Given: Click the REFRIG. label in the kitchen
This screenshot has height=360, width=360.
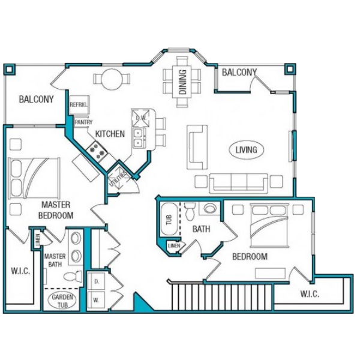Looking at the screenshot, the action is pos(79,104).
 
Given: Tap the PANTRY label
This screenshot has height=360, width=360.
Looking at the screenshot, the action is pos(84,122).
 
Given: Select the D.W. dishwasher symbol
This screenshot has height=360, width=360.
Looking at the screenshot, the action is pos(140,118).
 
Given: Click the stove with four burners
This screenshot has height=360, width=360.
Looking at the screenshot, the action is pos(97,150).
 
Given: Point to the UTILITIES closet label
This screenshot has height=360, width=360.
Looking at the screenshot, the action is pos(118,179).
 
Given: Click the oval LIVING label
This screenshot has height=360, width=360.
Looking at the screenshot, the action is pos(247,149).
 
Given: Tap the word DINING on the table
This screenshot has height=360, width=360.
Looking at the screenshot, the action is pos(183,82).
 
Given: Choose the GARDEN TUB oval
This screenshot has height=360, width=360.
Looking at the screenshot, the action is pos(62,301).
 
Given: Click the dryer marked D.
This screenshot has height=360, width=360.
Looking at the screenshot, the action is pos(97,281).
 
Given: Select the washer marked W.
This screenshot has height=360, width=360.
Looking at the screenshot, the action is pos(97,300).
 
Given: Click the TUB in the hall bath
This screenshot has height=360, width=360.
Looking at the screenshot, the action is pos(169,219).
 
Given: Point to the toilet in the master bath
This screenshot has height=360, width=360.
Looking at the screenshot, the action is pos(73,277).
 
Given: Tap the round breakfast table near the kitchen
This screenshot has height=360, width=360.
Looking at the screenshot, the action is pos(112,79).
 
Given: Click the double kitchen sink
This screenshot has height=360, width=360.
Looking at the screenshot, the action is pos(139,137).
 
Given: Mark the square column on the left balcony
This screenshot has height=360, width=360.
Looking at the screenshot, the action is pos(10,70).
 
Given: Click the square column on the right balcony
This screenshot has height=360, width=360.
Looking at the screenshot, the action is pos(290,70).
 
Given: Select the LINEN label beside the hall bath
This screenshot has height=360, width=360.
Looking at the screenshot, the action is pos(174,246).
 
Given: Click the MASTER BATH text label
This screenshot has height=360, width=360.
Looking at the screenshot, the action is pos(55,260).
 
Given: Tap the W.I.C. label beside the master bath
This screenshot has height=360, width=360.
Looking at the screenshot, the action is pos(20,271).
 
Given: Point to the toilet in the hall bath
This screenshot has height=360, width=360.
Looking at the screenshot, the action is pos(190,211).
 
